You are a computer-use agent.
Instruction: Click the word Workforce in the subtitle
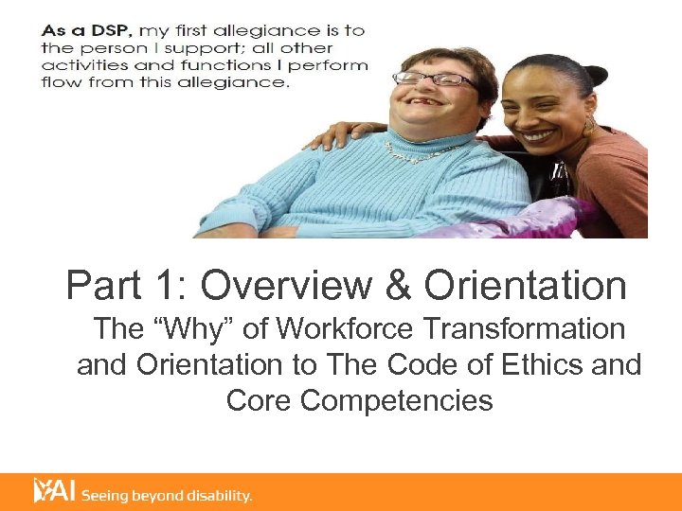point(332,329)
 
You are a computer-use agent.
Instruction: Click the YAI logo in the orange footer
point(53,490)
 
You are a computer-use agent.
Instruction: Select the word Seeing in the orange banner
point(105,495)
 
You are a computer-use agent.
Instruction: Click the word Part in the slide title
point(103,285)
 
